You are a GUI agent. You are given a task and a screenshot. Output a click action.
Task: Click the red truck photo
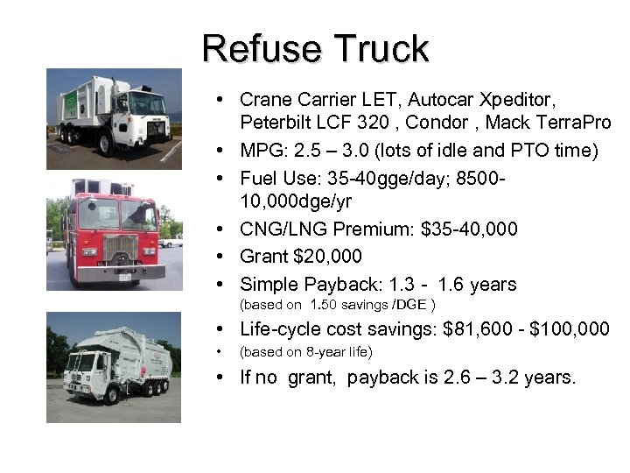pyautogui.click(x=115, y=232)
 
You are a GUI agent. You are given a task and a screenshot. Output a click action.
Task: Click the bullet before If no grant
pyautogui.click(x=226, y=378)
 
